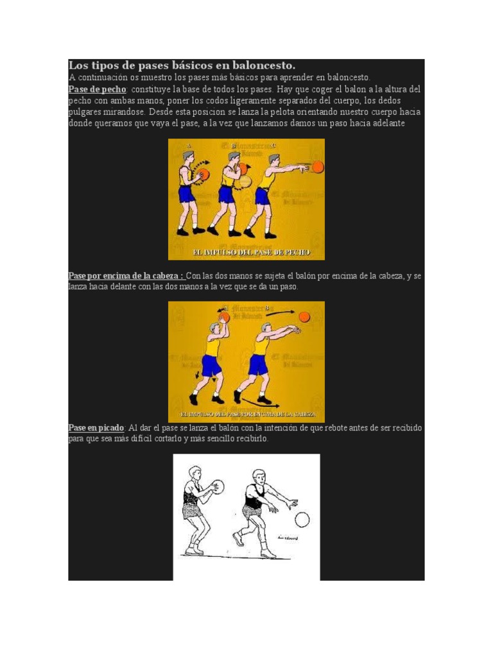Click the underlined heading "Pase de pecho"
[97, 89]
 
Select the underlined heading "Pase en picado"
[96, 428]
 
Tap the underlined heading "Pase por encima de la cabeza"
[126, 276]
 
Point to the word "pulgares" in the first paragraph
[86, 112]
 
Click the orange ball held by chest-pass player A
[203, 175]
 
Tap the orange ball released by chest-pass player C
[317, 167]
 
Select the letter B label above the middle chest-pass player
[234, 146]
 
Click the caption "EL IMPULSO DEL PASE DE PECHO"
[246, 252]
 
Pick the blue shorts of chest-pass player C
[262, 196]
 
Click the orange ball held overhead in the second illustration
[224, 317]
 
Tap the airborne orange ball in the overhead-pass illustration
[304, 316]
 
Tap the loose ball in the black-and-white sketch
[302, 519]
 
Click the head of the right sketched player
[259, 477]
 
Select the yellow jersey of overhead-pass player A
[212, 347]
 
